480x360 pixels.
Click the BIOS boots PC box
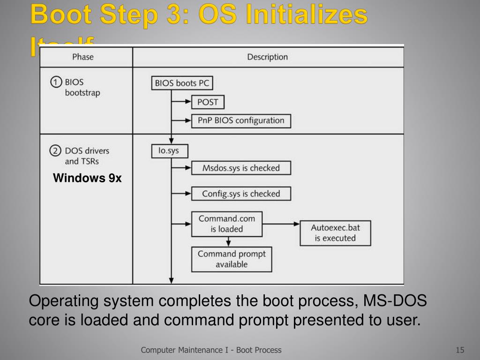[182, 83]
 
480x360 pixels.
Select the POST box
[208, 102]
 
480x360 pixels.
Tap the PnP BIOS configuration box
[241, 120]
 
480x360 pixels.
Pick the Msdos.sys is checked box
[241, 168]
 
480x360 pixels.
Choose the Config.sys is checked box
[241, 194]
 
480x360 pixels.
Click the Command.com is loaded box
[227, 224]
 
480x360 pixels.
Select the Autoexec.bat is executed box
[335, 233]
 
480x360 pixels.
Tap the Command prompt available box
[232, 259]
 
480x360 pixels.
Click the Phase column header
[83, 57]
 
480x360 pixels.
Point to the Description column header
[267, 57]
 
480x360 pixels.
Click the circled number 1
[56, 82]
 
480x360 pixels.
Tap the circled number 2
[56, 151]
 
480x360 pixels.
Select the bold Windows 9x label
[87, 178]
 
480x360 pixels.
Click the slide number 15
[459, 350]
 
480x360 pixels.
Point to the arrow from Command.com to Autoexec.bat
[281, 224]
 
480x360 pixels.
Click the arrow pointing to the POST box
[181, 102]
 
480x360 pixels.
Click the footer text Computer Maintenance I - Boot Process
[211, 350]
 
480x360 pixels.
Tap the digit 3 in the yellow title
[179, 15]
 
